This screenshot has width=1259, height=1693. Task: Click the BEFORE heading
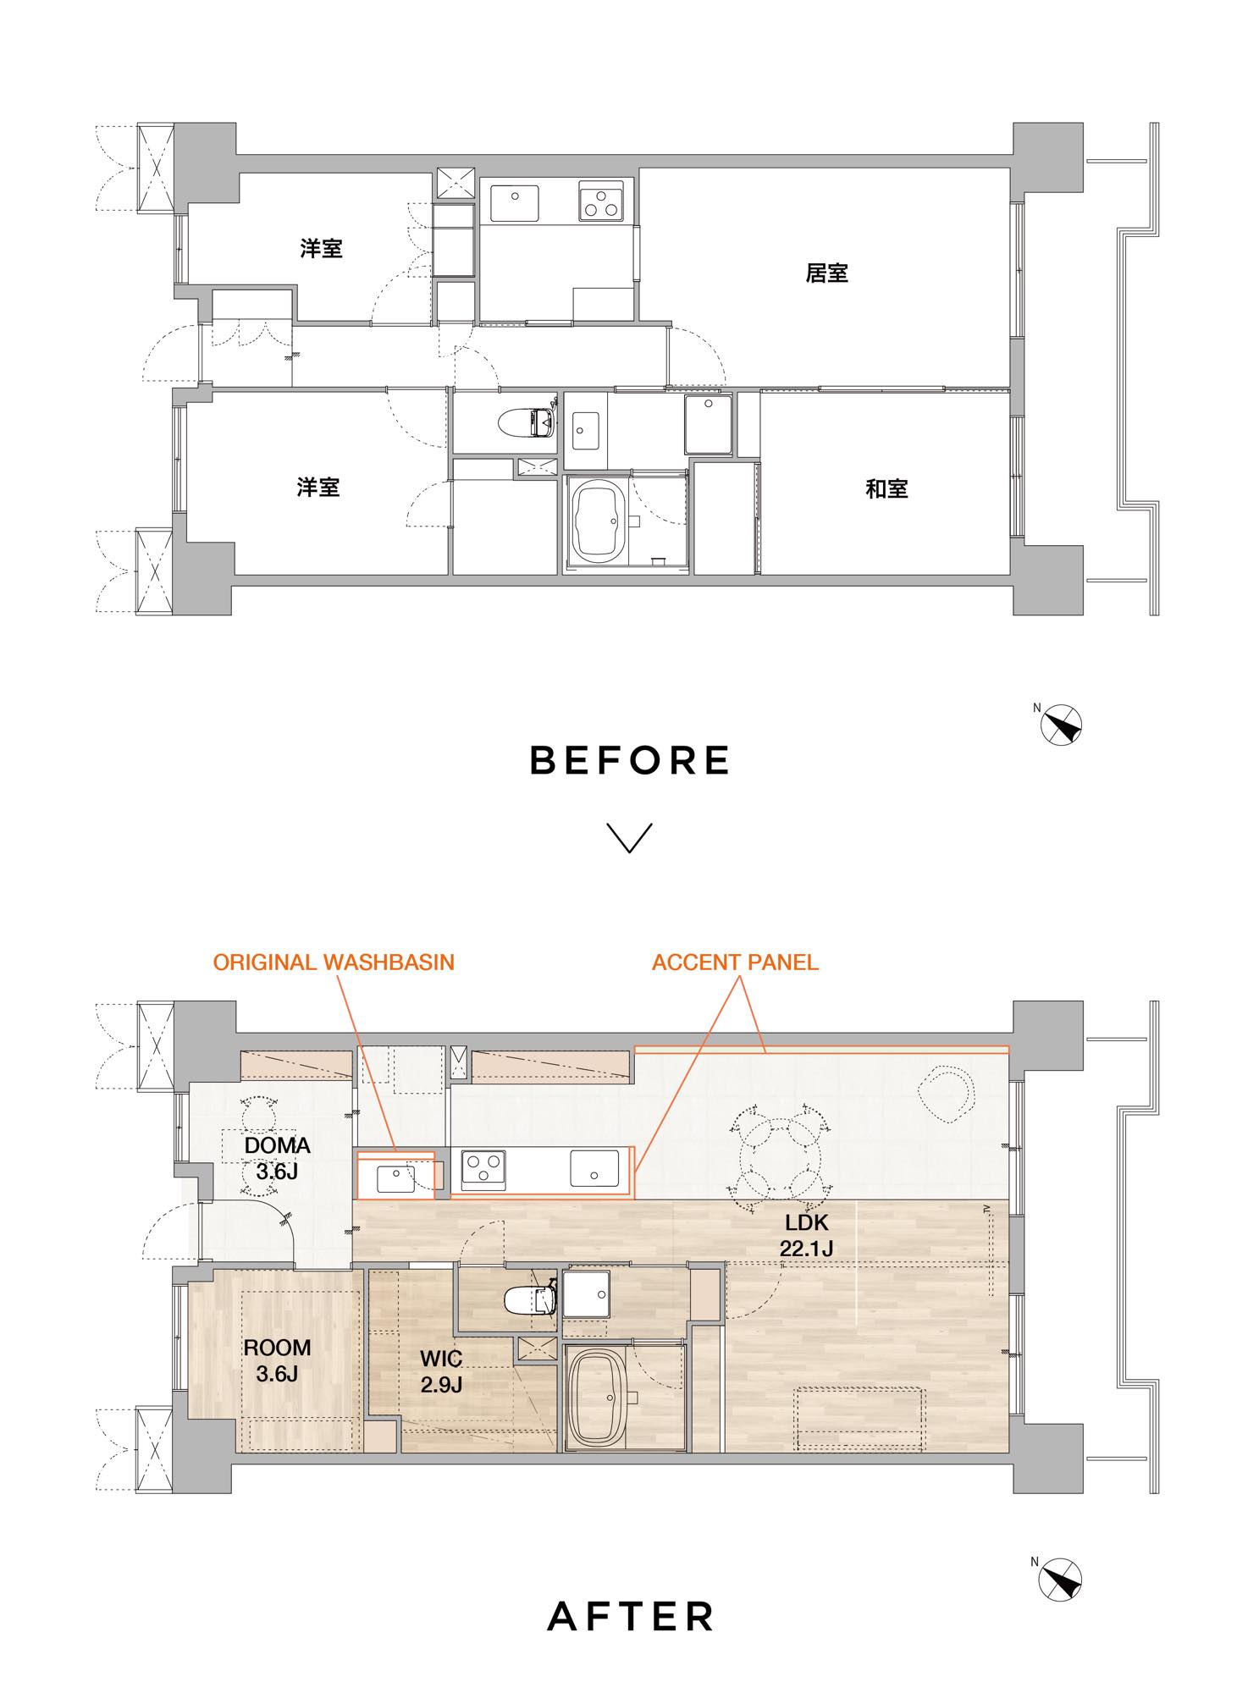click(x=629, y=760)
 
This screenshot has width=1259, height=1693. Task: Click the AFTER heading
click(x=631, y=1616)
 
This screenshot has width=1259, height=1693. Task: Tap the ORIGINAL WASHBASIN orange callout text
click(x=334, y=962)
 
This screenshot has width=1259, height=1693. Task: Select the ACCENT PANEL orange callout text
click(x=735, y=962)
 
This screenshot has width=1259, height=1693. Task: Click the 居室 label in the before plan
click(x=826, y=273)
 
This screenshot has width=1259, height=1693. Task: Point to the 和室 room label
click(x=886, y=488)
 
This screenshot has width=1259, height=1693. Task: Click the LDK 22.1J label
click(x=805, y=1235)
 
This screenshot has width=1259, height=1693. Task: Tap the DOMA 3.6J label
click(x=277, y=1158)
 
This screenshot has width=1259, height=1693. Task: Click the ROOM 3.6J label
click(x=277, y=1359)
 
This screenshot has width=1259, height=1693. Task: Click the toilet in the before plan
click(x=527, y=421)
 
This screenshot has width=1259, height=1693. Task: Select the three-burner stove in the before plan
click(x=601, y=201)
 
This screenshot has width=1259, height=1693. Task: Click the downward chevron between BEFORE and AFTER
click(x=630, y=838)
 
